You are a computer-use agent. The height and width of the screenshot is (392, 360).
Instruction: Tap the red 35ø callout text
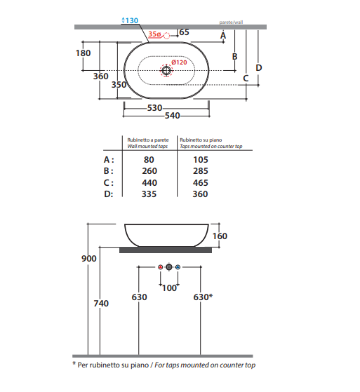coord(154,34)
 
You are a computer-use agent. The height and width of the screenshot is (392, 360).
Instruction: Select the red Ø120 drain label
coord(179,62)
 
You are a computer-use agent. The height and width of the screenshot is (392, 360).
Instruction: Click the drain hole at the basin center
coord(166,70)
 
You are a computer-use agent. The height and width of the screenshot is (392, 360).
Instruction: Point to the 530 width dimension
coord(154,108)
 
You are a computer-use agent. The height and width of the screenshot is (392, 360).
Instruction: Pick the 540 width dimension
coord(173,116)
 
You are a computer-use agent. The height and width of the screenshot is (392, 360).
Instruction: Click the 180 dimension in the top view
coord(83,53)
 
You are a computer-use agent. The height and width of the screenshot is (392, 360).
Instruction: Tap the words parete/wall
coord(231,22)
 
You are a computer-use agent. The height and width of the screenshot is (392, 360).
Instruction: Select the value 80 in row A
coord(149,159)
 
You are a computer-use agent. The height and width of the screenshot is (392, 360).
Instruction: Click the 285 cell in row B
coord(201,171)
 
